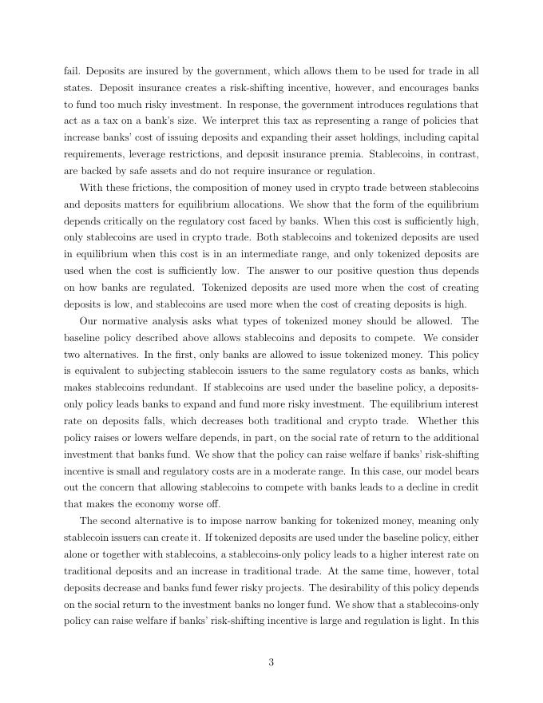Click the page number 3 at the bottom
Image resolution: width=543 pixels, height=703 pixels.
[x=271, y=662]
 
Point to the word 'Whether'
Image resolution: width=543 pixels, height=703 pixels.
[x=437, y=421]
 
